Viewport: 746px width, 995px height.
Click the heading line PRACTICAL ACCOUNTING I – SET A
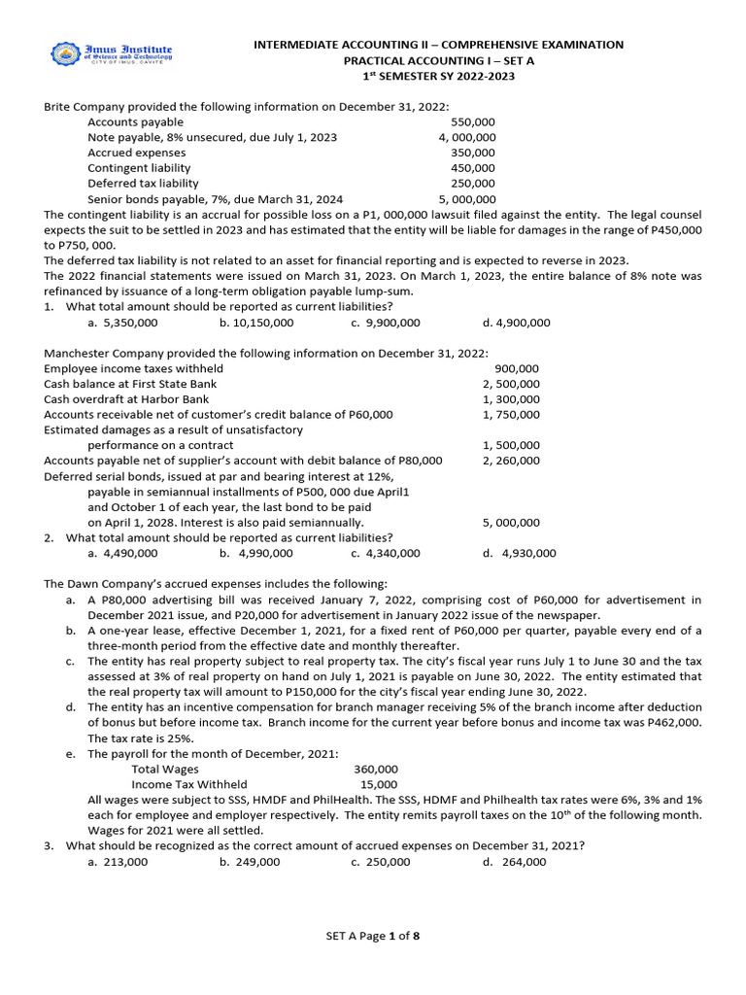[438, 60]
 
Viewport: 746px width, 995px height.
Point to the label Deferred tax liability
[143, 183]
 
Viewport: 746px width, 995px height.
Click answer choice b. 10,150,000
[255, 323]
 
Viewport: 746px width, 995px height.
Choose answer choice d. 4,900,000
[516, 323]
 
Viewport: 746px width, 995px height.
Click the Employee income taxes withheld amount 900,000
[517, 368]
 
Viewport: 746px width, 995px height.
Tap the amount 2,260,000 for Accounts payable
[512, 461]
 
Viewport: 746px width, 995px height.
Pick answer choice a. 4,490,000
[122, 553]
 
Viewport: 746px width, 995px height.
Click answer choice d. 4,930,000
[520, 553]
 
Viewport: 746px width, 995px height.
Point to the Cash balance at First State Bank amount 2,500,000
[512, 384]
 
